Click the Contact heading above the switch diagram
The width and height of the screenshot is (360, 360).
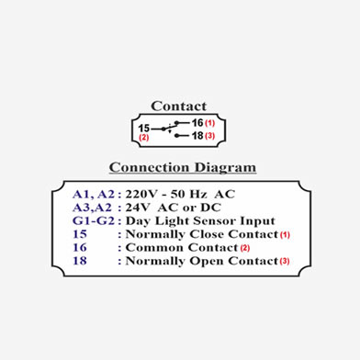(179, 107)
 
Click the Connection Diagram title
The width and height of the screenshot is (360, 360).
(183, 167)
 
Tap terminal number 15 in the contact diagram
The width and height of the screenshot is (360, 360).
(143, 129)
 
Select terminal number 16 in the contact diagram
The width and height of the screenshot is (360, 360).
(197, 123)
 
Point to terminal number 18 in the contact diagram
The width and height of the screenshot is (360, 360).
(197, 135)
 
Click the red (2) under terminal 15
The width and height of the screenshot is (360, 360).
(144, 137)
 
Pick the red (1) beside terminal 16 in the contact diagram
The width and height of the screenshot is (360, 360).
(210, 123)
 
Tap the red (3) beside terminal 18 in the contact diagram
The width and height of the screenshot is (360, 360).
(210, 136)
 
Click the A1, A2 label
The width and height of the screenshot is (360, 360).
(94, 195)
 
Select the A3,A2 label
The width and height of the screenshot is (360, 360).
(92, 208)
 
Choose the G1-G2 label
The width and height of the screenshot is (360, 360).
(94, 220)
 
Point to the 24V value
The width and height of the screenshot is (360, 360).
(138, 208)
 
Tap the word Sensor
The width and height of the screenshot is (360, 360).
(215, 220)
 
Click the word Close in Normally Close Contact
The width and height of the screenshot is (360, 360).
(208, 234)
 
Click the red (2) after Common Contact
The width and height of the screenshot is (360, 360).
(245, 248)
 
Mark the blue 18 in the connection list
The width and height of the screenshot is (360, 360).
(80, 261)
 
